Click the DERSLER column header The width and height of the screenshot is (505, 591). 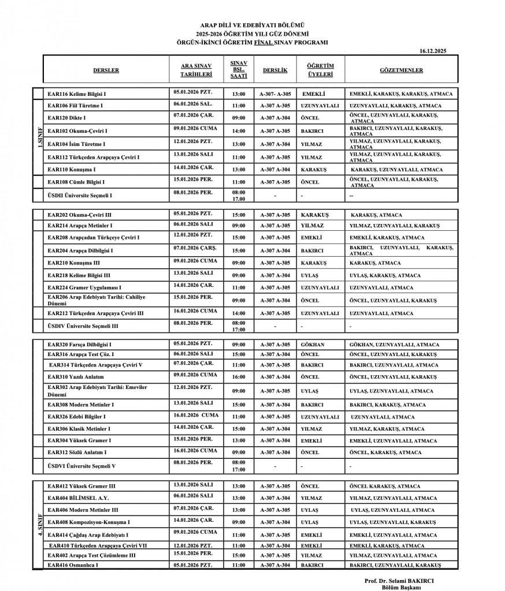(106, 70)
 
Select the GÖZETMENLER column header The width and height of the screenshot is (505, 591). (401, 70)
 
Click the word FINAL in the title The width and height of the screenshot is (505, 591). (263, 42)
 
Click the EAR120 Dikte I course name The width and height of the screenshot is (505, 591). (69, 118)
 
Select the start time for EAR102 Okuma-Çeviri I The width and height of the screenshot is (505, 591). (239, 131)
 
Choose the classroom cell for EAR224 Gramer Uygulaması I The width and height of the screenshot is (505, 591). (275, 287)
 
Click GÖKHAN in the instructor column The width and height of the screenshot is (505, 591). (313, 345)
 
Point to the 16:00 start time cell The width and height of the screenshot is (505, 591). (239, 377)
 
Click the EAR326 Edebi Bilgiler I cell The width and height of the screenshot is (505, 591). (77, 416)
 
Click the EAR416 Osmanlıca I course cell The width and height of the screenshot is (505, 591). (73, 564)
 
